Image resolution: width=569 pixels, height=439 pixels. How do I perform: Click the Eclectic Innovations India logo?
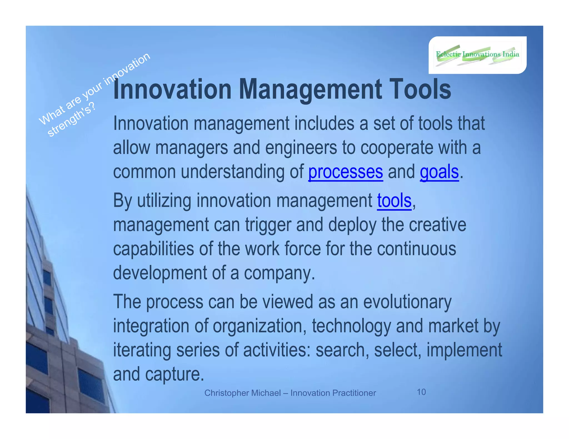[x=477, y=55]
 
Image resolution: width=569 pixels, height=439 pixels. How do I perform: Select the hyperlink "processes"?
[x=345, y=172]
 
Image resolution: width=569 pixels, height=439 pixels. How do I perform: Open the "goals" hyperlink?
[x=439, y=172]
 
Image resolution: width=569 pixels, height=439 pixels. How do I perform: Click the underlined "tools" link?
[x=394, y=201]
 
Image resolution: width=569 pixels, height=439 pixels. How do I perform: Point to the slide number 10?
[x=421, y=392]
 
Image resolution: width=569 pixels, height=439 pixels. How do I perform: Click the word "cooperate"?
[x=397, y=148]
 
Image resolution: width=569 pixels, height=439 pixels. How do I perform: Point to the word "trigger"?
[x=268, y=225]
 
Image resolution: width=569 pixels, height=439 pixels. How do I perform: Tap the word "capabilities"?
[x=153, y=249]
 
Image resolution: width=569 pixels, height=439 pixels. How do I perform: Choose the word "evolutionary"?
[x=407, y=302]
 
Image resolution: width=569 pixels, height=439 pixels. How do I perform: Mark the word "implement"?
[x=464, y=350]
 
